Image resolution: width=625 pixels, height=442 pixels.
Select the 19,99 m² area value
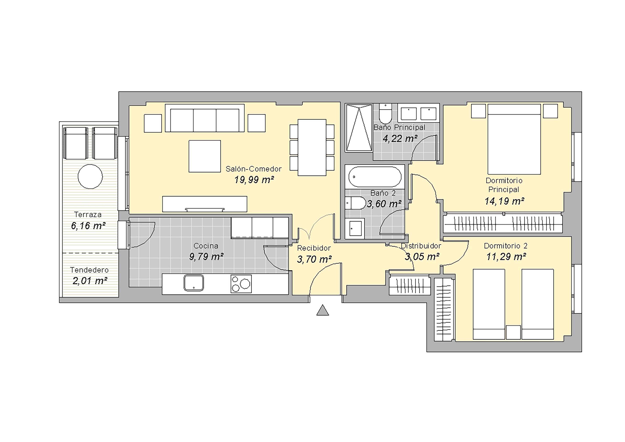(x=254, y=180)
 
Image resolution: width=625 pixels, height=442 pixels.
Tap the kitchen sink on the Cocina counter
(x=193, y=283)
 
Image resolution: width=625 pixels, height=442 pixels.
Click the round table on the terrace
(x=90, y=176)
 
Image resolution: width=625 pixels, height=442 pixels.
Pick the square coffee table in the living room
(x=205, y=156)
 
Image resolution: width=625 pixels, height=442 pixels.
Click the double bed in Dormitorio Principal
(x=514, y=139)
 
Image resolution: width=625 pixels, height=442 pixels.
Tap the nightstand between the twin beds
(x=513, y=332)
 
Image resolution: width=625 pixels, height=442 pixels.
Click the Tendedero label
(x=89, y=270)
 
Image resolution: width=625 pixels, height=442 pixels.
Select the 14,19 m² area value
(x=504, y=201)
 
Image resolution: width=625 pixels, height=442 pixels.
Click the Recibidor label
(x=314, y=248)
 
